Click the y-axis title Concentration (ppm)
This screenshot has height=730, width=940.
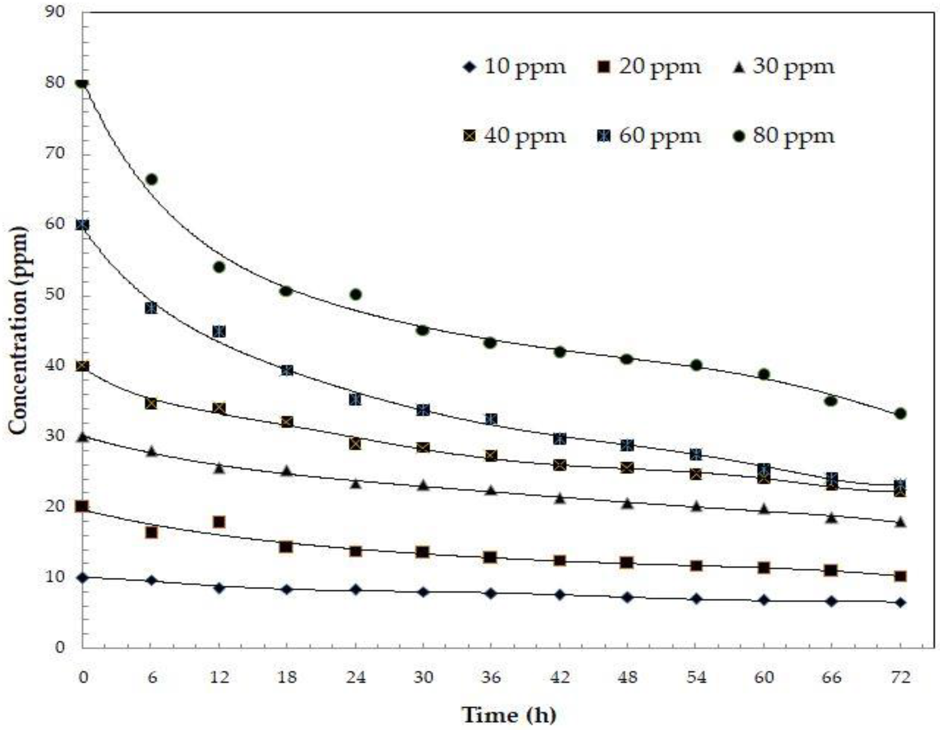pyautogui.click(x=18, y=330)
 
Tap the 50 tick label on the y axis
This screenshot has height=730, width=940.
pyautogui.click(x=55, y=295)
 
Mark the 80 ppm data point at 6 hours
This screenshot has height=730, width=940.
pyautogui.click(x=152, y=179)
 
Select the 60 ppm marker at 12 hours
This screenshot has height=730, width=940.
pyautogui.click(x=219, y=331)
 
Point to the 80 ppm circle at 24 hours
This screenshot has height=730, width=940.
pyautogui.click(x=356, y=294)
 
